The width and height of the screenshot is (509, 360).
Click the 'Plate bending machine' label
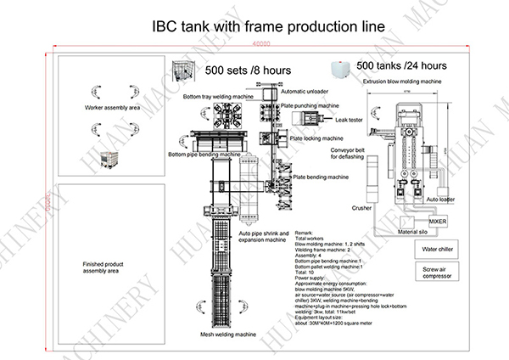point(321,177)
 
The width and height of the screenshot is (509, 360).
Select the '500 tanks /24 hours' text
point(401,65)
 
